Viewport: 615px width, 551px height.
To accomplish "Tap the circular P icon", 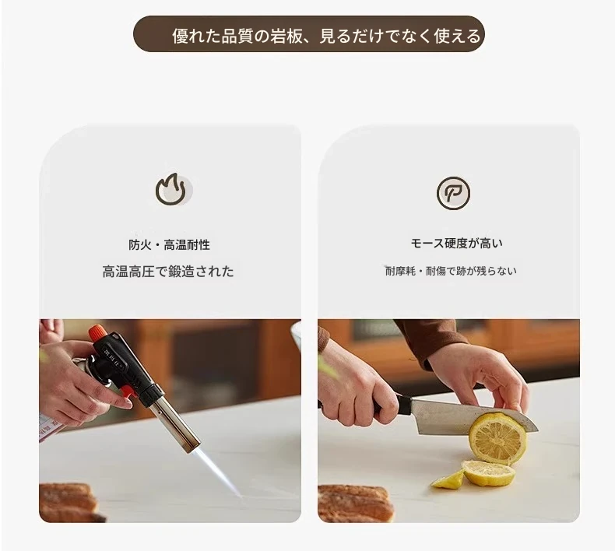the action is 453,193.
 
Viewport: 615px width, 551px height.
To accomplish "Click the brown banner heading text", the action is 326,36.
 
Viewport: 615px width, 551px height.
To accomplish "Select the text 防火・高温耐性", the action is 169,244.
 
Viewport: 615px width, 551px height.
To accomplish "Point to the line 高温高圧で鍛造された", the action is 168,272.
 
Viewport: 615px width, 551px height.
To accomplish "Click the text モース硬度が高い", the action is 456,243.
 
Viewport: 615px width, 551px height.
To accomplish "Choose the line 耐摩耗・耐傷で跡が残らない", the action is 451,271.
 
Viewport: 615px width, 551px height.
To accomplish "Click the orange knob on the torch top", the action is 97,333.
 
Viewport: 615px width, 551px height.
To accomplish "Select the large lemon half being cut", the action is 497,438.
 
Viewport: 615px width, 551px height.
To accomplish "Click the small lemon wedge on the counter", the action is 448,480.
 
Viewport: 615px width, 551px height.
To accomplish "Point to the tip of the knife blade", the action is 538,430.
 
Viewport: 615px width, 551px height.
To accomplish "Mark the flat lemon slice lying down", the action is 489,473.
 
